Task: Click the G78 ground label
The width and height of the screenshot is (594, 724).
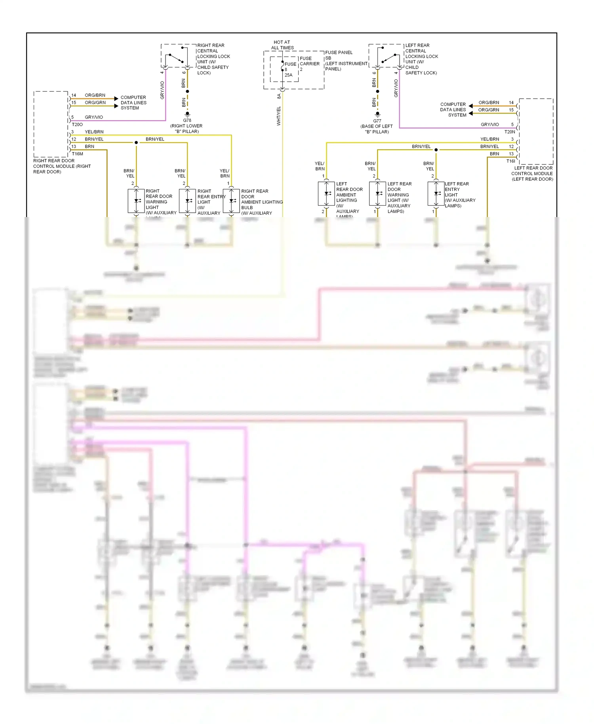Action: (x=187, y=120)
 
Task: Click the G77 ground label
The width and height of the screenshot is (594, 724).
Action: (x=377, y=121)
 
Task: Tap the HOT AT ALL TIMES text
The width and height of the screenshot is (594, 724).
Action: (x=282, y=45)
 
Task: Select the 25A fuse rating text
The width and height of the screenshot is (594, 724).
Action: (x=288, y=75)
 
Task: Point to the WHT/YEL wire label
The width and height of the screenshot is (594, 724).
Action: (x=279, y=116)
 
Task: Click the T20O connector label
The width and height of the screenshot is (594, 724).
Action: (x=77, y=124)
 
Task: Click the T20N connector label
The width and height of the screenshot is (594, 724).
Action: (x=510, y=132)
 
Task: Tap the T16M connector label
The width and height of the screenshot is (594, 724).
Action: (x=78, y=154)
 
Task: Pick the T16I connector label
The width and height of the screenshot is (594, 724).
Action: (x=510, y=161)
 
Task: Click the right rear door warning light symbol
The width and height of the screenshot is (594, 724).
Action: (x=136, y=201)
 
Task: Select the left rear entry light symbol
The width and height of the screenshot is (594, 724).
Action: (x=436, y=193)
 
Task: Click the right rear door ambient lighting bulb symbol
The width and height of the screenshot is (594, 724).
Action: (x=231, y=201)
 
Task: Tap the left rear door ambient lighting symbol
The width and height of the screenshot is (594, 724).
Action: (x=326, y=193)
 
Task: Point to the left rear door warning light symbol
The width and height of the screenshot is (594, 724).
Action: (x=377, y=193)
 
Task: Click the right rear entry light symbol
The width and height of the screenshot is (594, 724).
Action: (x=187, y=201)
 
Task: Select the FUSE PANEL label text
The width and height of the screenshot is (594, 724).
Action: (x=339, y=52)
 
